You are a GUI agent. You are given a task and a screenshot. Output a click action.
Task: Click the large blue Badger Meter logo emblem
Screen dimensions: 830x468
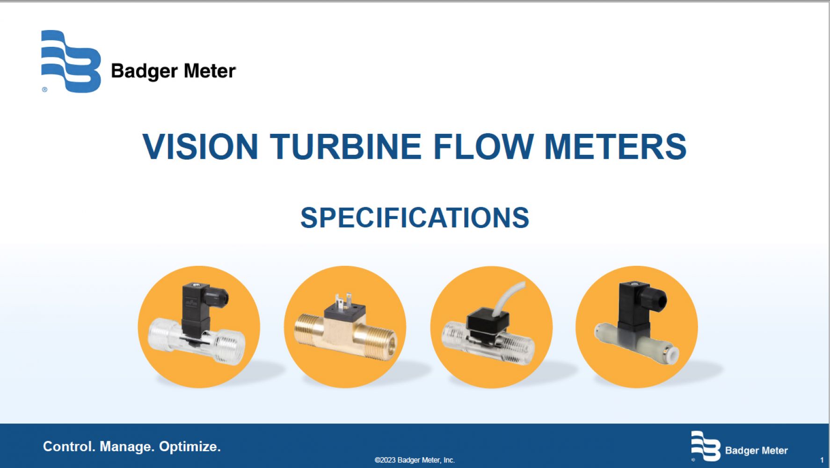(x=71, y=61)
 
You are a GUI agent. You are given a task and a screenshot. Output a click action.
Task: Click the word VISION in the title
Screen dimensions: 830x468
(x=200, y=146)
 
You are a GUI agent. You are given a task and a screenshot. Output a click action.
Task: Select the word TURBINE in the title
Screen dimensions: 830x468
(x=346, y=146)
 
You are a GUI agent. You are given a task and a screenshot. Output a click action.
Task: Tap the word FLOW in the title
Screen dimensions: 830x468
(x=483, y=146)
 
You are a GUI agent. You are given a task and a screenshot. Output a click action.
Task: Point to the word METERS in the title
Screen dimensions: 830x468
(x=615, y=146)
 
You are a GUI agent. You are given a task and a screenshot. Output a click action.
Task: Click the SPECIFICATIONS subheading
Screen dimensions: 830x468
(x=415, y=218)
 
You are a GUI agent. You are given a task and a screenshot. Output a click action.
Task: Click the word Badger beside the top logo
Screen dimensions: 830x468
(x=144, y=72)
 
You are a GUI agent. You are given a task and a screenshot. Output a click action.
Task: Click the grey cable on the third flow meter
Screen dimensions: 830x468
(x=510, y=297)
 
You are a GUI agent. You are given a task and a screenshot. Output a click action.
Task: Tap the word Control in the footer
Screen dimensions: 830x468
(x=69, y=446)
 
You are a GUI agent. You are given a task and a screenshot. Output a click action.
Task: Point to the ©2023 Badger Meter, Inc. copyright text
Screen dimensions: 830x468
(x=415, y=460)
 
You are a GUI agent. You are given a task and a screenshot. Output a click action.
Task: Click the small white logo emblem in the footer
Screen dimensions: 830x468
(x=706, y=446)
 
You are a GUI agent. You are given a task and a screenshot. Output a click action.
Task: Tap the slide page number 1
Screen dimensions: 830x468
(x=822, y=460)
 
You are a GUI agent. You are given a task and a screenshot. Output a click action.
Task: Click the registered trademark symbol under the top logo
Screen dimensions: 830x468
(x=45, y=89)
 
